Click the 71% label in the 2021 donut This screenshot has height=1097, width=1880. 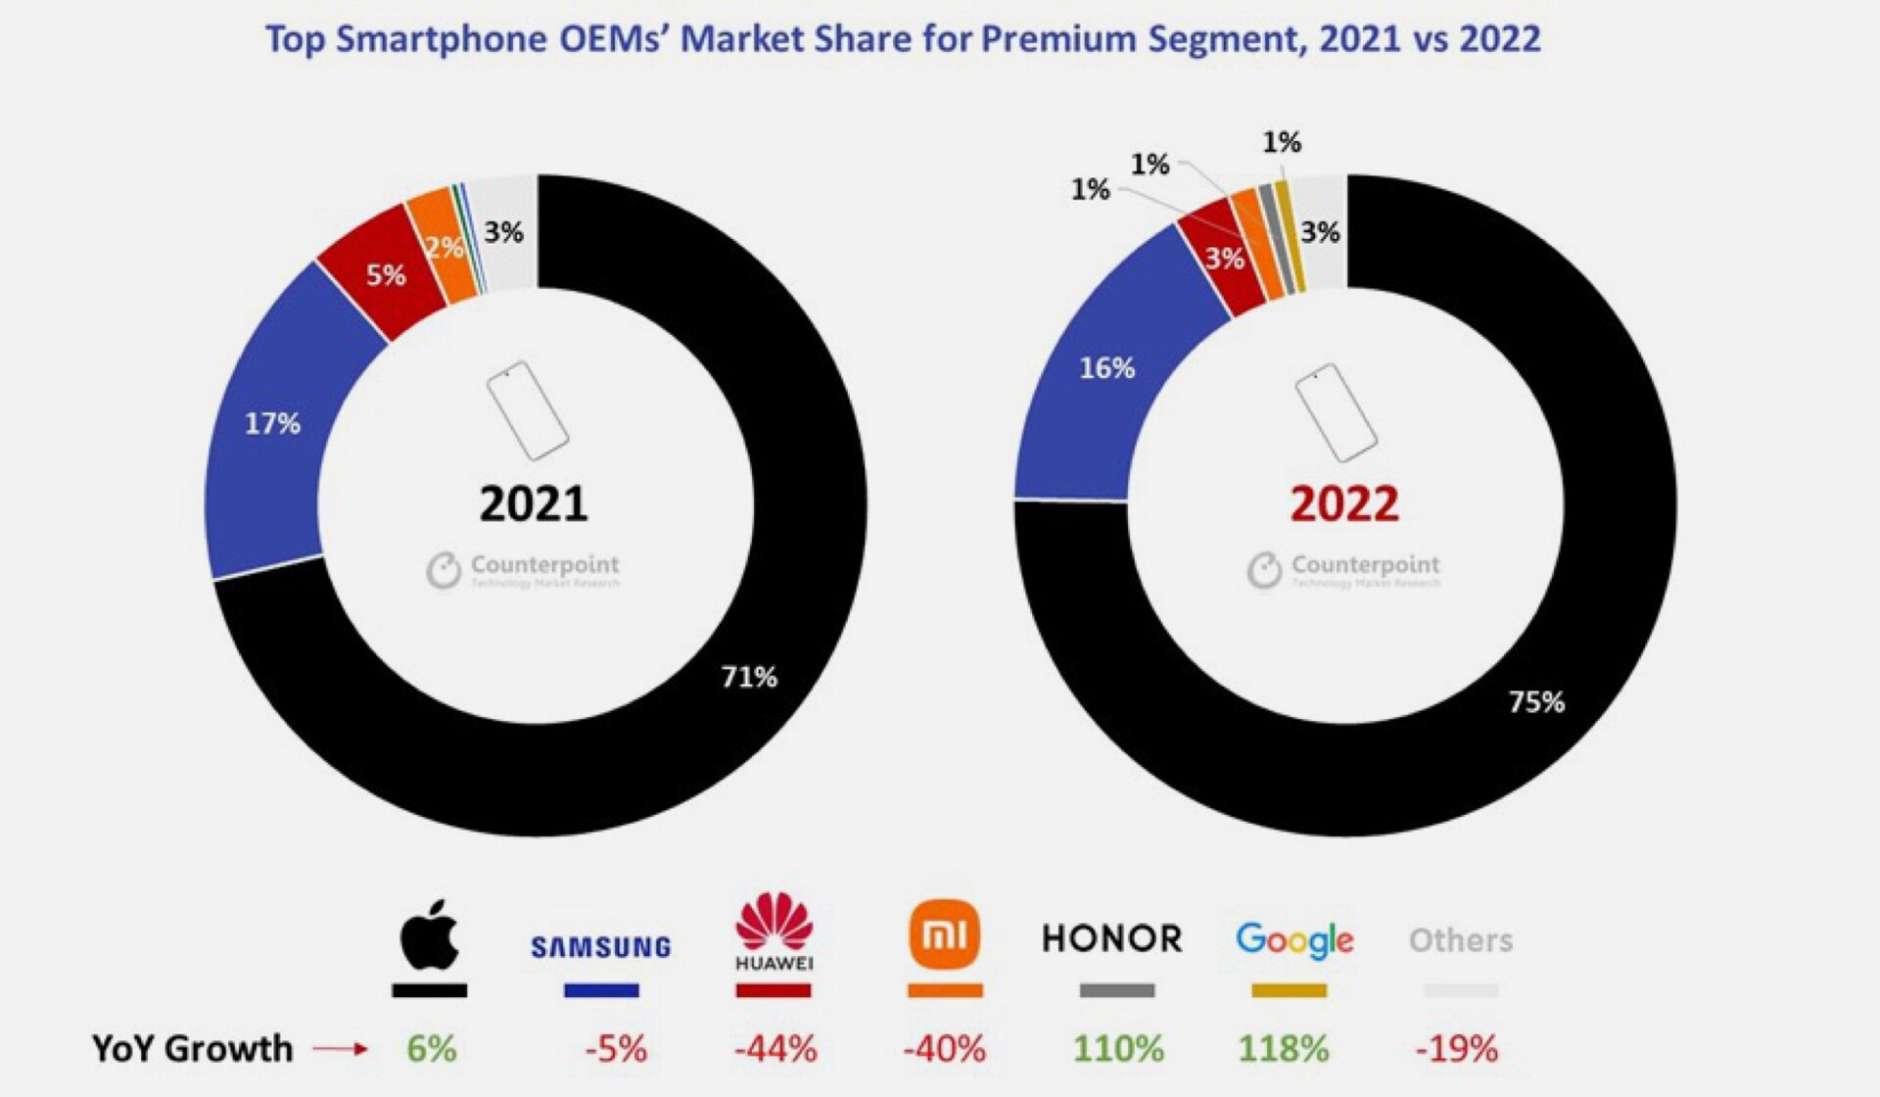749,676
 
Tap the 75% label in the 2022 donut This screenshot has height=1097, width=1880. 1536,701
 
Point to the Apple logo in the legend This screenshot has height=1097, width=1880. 430,935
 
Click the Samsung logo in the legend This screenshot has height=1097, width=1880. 600,947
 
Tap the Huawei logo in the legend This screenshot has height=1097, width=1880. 774,931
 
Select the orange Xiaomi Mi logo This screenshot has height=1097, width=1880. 944,935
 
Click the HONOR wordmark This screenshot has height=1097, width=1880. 1112,938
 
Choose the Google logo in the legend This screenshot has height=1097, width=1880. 1293,940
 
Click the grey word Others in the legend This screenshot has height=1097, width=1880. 1460,940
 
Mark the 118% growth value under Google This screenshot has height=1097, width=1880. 1283,1049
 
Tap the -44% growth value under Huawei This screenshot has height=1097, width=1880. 775,1049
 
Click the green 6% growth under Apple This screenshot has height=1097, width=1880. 431,1049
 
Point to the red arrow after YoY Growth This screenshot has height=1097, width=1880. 340,1049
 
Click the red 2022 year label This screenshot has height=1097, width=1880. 1344,504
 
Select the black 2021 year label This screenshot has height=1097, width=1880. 534,504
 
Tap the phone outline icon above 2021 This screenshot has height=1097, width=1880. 527,410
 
